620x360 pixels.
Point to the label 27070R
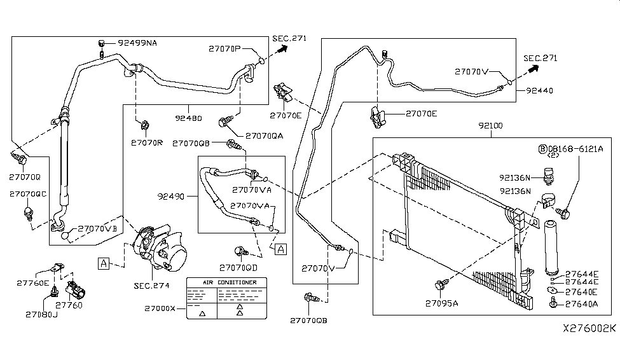coord(147,142)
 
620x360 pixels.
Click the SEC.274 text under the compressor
coord(153,286)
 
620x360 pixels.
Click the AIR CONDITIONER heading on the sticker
coord(230,282)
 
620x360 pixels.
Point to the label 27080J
coord(41,314)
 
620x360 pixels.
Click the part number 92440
coord(539,91)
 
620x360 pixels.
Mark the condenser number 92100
coord(488,126)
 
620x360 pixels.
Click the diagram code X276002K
coord(589,329)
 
